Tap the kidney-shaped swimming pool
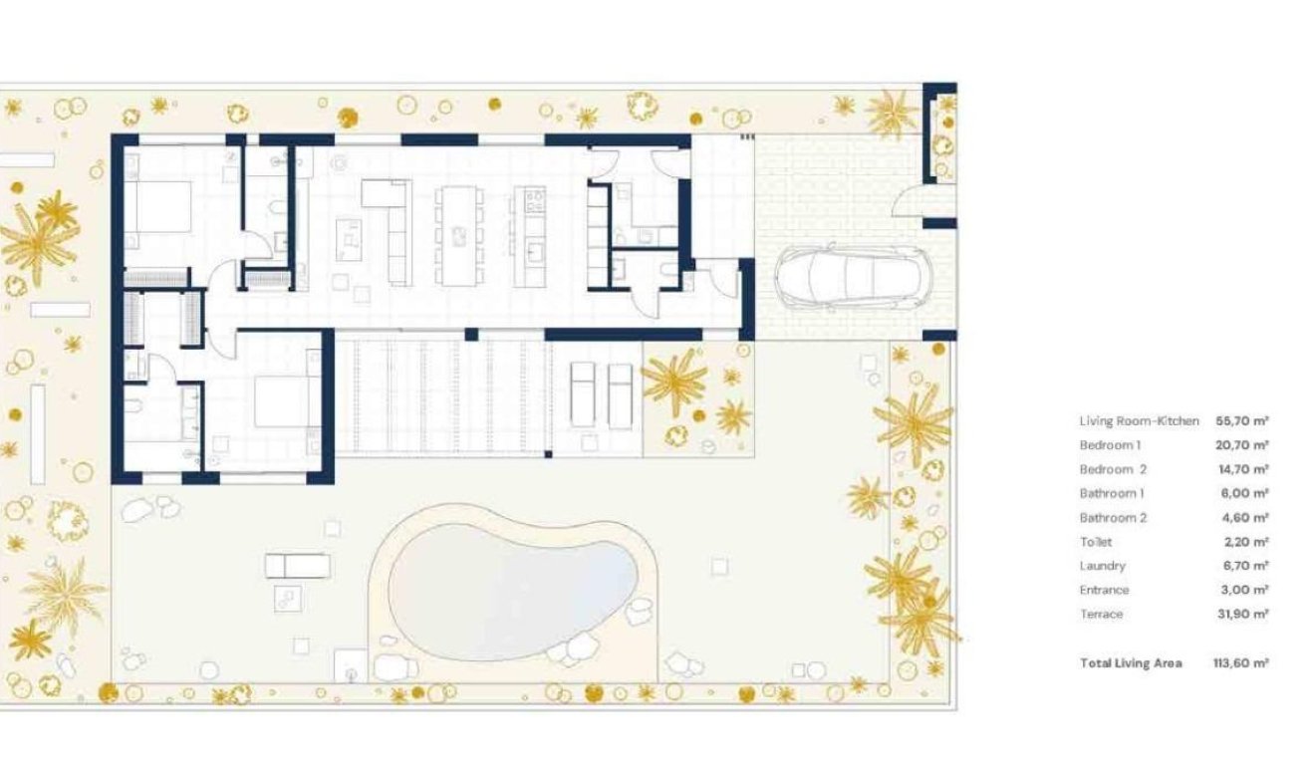click(x=512, y=590)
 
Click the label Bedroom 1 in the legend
click(x=1110, y=445)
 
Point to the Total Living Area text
click(x=1131, y=663)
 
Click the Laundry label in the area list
click(x=1102, y=566)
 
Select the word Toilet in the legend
click(x=1096, y=542)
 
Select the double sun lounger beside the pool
click(x=297, y=566)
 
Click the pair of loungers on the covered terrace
click(x=601, y=395)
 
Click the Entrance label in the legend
click(x=1104, y=591)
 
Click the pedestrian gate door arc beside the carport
click(x=909, y=203)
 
